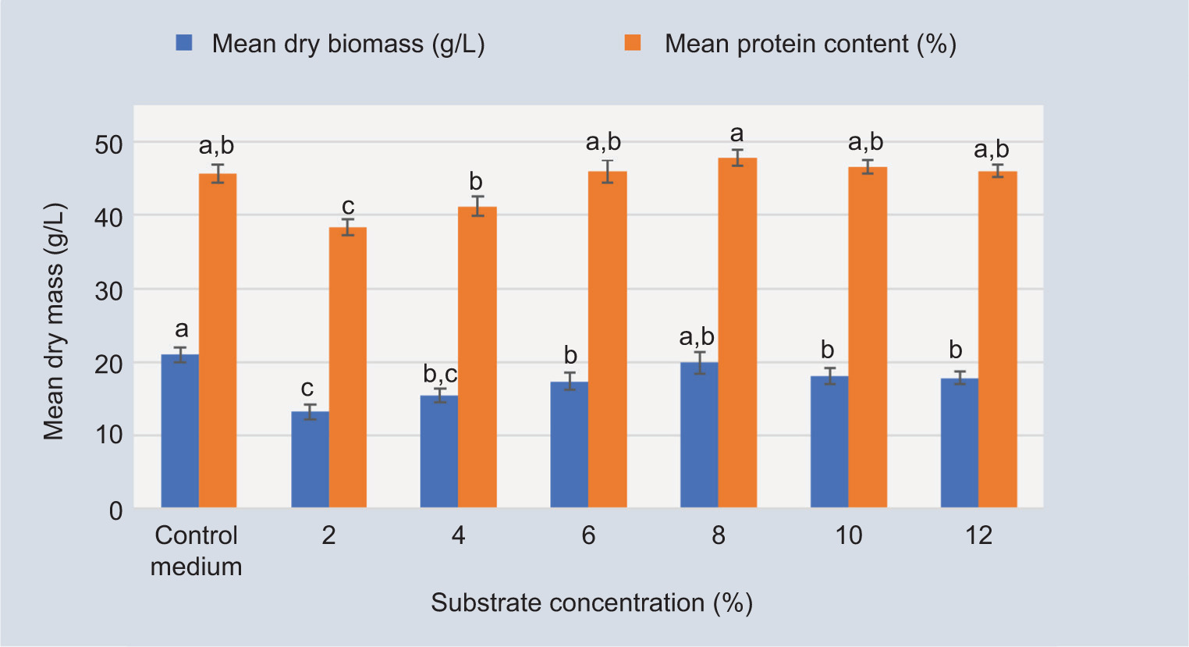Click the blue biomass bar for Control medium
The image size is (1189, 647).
click(x=179, y=431)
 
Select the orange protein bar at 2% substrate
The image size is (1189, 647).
click(x=348, y=367)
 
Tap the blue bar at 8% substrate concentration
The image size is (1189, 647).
click(x=699, y=435)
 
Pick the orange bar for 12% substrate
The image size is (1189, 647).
click(x=998, y=339)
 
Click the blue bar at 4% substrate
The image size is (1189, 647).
click(x=439, y=451)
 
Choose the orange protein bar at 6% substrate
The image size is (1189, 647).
click(x=607, y=339)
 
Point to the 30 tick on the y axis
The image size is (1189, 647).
click(x=110, y=290)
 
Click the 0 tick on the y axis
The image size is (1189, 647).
click(x=115, y=510)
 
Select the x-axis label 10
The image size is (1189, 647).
click(x=848, y=535)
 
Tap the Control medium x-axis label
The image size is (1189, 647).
click(x=196, y=551)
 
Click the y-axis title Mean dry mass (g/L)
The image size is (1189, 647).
click(x=54, y=322)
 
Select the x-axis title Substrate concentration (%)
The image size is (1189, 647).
click(x=591, y=603)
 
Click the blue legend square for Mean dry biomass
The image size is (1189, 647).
click(x=184, y=43)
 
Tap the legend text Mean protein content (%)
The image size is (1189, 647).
click(x=810, y=44)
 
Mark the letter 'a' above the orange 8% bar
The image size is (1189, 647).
click(x=736, y=134)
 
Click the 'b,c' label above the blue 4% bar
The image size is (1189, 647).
click(x=440, y=374)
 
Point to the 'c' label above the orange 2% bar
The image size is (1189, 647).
click(x=348, y=207)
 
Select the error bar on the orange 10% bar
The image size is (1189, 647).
click(x=867, y=167)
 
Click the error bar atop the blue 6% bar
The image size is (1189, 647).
click(x=570, y=382)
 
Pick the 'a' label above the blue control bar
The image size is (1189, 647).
click(x=181, y=329)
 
